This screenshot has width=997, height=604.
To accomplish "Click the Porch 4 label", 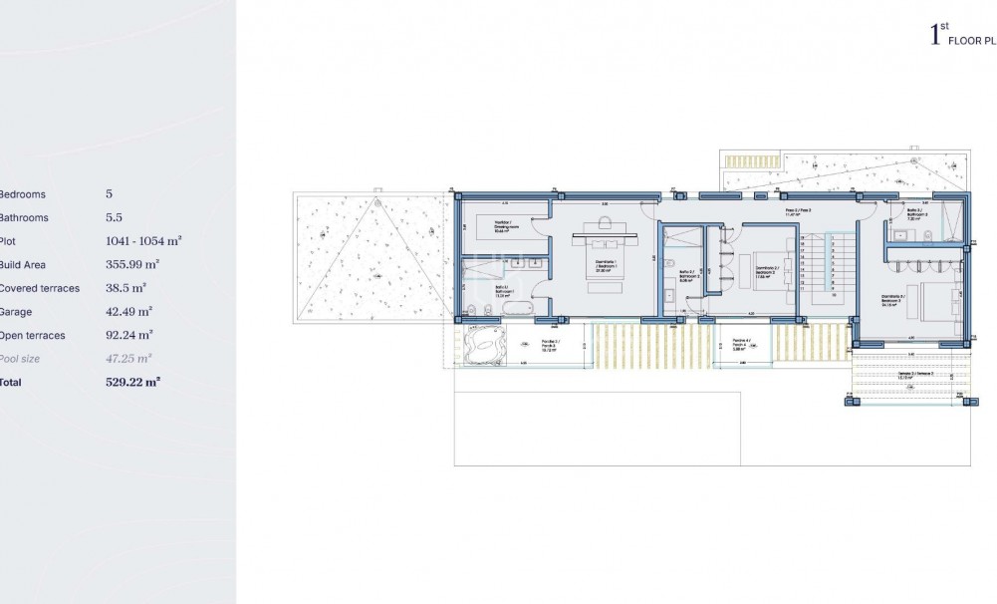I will tap(739, 345).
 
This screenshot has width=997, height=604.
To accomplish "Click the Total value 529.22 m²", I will tap(132, 382).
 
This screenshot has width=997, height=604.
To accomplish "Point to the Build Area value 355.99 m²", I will tap(131, 264).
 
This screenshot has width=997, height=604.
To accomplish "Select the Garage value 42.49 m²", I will tap(128, 311).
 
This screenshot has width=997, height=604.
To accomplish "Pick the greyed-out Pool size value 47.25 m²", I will tap(128, 358).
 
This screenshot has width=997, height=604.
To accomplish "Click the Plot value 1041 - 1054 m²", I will tap(143, 241).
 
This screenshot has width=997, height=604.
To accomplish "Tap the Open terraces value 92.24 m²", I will tap(128, 335).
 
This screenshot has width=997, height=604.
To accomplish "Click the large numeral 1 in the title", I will tap(934, 38).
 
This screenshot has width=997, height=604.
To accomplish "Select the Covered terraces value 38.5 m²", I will tap(125, 288).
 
